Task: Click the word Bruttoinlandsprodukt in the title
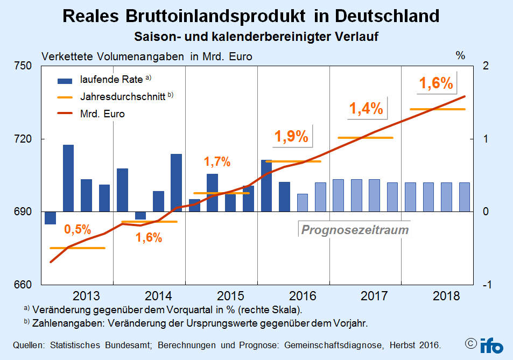[x=216, y=16]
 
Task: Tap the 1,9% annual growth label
[x=291, y=136]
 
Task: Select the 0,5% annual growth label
[x=78, y=229]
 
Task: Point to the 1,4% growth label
[x=366, y=108]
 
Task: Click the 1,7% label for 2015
[x=217, y=161]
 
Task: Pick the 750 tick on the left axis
[x=23, y=66]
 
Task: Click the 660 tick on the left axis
[x=23, y=285]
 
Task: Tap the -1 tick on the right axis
[x=487, y=285]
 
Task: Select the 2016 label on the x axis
[x=303, y=296]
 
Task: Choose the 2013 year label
[x=86, y=296]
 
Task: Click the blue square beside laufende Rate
[x=65, y=81]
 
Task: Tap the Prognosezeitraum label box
[x=355, y=229]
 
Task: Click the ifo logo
[x=491, y=345]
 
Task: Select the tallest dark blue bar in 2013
[x=68, y=178]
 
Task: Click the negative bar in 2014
[x=140, y=215]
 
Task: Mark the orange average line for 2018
[x=438, y=109]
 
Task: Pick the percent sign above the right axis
[x=460, y=55]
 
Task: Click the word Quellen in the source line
[x=29, y=345]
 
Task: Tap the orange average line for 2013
[x=78, y=248]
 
